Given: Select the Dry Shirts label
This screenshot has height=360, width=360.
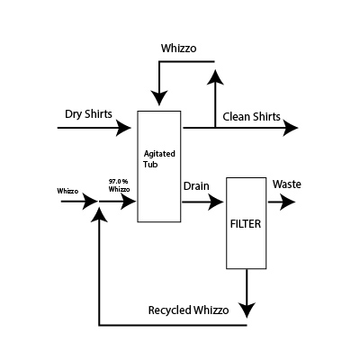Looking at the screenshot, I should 87,114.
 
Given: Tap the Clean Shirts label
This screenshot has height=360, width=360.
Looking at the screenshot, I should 251,116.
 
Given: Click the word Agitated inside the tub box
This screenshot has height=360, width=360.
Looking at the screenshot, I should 158,154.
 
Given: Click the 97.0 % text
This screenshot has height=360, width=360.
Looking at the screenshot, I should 118,182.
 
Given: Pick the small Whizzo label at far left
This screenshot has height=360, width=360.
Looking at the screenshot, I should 67,191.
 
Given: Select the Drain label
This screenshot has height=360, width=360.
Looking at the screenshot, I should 196,186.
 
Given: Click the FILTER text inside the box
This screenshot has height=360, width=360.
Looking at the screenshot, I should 246,221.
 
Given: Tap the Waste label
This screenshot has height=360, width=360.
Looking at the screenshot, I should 287,184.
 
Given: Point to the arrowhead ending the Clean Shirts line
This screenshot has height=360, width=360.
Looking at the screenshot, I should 291,129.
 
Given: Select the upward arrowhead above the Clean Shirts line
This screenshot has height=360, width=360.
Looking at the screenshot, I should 214,78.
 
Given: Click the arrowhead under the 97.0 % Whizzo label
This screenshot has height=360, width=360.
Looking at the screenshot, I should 129,203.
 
